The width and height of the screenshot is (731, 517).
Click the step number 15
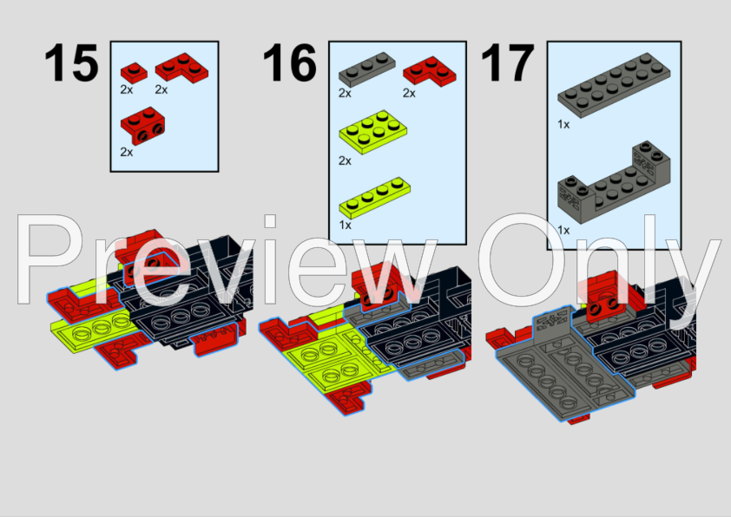point(71,62)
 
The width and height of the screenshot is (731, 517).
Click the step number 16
point(289,62)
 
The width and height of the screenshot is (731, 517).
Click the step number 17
point(507,62)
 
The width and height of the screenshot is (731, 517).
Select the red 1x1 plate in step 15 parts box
point(134,73)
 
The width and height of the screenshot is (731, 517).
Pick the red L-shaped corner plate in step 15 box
point(181,69)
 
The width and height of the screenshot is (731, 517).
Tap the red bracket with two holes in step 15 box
point(142,126)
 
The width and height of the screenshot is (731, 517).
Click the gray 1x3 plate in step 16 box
point(367,69)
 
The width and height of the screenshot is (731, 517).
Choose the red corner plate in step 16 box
point(430,72)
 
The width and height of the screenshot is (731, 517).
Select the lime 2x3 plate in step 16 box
point(373,132)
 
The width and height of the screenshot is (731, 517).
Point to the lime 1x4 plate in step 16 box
point(375,198)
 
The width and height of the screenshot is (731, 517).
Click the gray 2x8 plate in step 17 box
point(614,85)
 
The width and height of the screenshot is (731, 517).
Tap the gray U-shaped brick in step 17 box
point(614,182)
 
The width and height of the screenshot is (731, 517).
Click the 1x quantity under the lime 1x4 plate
point(345,225)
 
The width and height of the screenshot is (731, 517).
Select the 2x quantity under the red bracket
point(127,153)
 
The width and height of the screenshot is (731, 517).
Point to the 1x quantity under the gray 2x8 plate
point(563,124)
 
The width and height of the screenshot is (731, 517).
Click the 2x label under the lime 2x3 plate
point(345,160)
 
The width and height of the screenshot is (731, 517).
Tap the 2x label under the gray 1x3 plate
point(345,93)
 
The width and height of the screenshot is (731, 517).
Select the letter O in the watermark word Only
point(521,260)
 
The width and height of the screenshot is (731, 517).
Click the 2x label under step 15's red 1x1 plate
point(127,89)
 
